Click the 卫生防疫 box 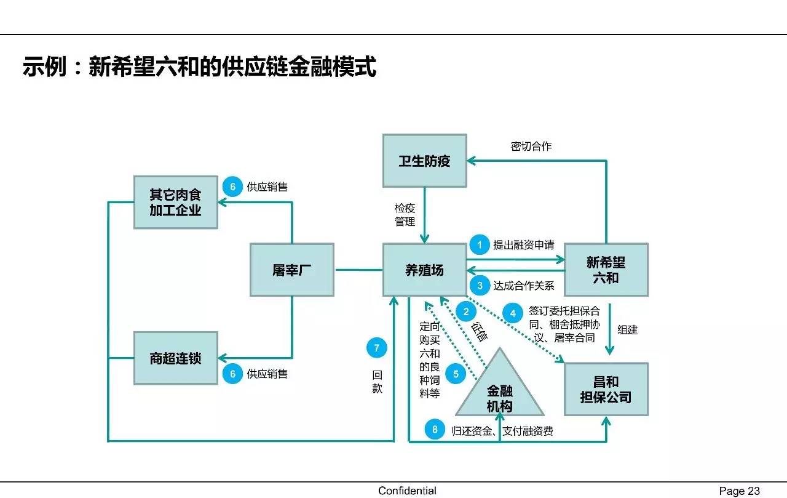(424, 161)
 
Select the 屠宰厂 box (292, 270)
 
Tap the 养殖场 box (424, 270)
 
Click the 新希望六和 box (606, 270)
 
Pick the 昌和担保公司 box (606, 389)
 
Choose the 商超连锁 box (176, 358)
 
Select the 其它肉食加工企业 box (176, 202)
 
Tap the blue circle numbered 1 (480, 245)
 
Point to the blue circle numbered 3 (480, 286)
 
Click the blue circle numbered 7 (377, 348)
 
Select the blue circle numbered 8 (435, 430)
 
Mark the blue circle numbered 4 (513, 313)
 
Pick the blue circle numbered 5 (456, 374)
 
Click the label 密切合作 (531, 146)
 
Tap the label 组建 (627, 330)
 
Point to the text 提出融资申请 (523, 245)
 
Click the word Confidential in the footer (407, 491)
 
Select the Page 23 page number (740, 491)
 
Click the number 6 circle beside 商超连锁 (232, 373)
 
